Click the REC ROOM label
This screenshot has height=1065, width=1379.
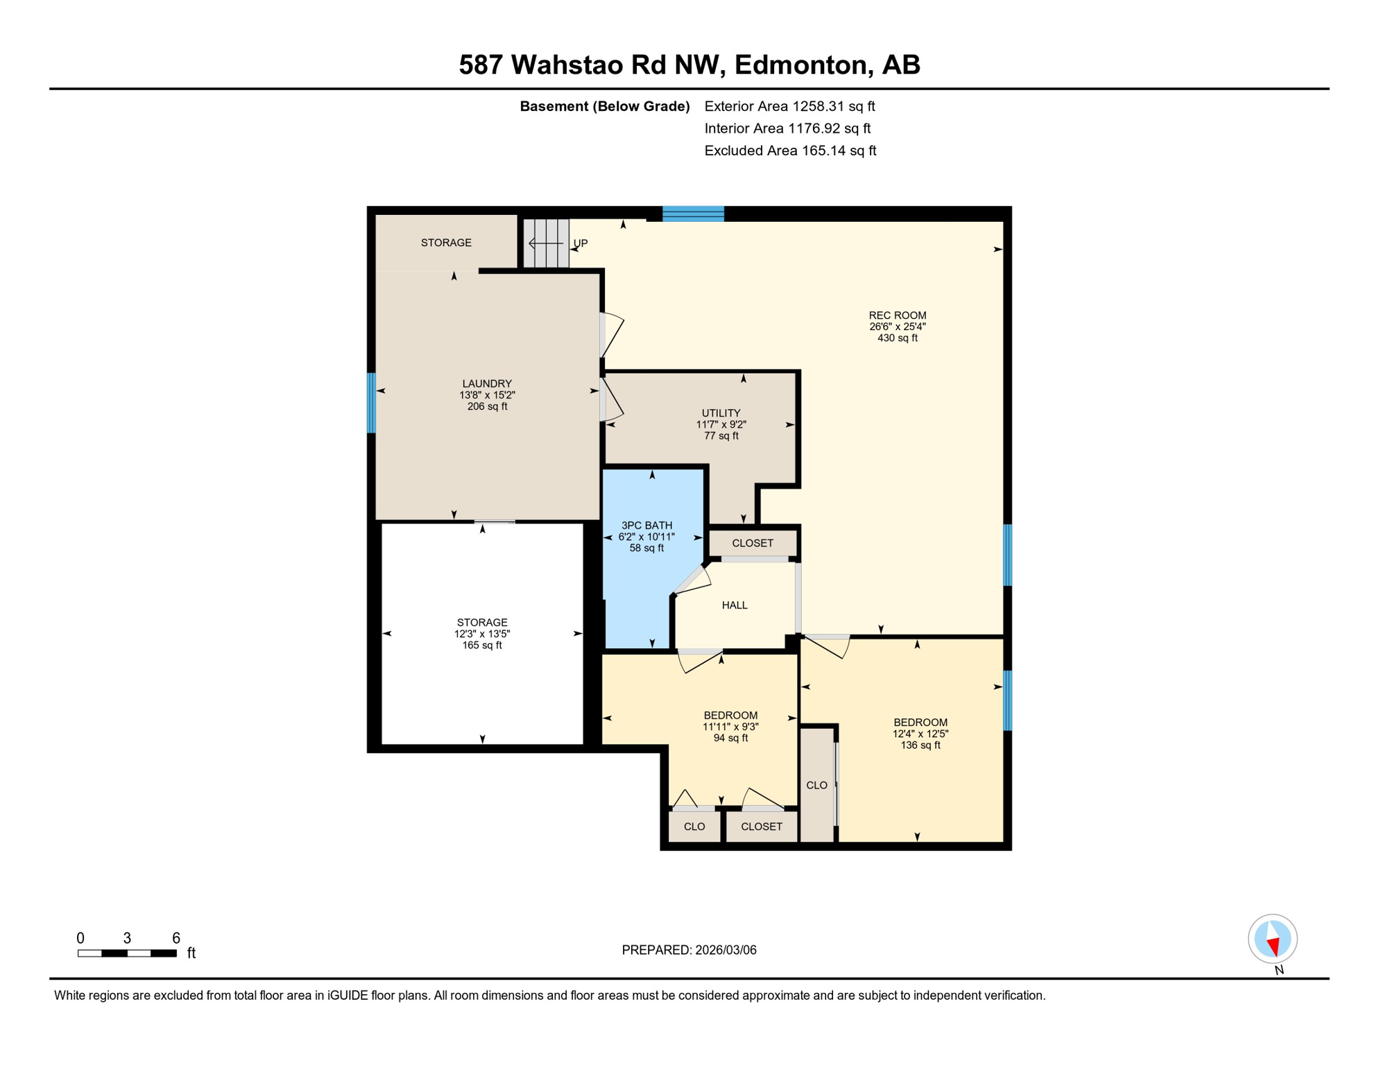[897, 315]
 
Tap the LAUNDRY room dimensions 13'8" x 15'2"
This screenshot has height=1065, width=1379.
[487, 395]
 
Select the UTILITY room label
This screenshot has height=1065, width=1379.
[721, 413]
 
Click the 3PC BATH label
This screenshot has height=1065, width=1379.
[646, 526]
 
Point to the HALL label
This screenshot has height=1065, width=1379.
[735, 605]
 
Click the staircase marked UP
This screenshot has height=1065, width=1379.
[547, 243]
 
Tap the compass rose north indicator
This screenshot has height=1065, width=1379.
[1272, 939]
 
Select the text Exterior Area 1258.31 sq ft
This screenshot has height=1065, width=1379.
[789, 106]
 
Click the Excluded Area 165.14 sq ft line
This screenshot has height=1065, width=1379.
[790, 150]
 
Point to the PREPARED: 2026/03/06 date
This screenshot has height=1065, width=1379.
[689, 950]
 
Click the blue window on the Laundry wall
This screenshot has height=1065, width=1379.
[372, 403]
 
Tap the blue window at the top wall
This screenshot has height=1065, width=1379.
[693, 214]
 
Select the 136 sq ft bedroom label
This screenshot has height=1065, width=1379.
[920, 745]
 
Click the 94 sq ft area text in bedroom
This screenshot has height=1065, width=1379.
[730, 738]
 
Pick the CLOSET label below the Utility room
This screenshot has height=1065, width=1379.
[753, 543]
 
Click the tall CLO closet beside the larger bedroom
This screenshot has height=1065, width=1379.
[816, 785]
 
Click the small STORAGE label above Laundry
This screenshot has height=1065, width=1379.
[446, 243]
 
